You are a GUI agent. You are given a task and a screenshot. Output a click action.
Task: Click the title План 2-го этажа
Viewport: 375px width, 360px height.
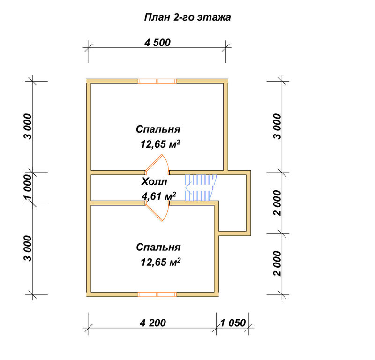click(187, 17)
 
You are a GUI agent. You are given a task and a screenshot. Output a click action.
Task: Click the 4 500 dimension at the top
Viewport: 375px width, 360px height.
click(157, 43)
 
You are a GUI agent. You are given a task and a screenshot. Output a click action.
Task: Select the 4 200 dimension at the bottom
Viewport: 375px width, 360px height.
click(153, 323)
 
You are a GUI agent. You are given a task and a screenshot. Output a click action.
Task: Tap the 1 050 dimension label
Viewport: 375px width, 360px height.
click(232, 323)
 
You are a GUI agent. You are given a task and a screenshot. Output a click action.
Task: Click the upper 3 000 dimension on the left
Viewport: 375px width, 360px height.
click(28, 127)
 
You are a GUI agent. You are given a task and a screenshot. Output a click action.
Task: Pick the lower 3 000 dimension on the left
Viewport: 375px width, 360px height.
click(28, 248)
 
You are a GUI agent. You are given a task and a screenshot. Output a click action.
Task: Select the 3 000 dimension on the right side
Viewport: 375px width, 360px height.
click(277, 127)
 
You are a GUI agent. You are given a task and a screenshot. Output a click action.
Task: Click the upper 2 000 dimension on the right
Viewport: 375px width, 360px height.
click(277, 203)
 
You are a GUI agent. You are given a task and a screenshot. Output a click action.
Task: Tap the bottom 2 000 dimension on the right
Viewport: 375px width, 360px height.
click(277, 263)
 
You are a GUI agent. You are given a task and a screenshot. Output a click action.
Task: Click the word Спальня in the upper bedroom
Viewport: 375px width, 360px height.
click(158, 129)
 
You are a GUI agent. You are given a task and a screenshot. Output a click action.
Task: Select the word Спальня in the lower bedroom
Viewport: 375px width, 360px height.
click(158, 247)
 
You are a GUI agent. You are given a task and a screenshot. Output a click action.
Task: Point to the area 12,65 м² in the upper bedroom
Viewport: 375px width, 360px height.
click(160, 144)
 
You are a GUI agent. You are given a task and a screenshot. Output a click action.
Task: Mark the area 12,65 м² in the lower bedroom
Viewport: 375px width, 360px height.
click(160, 262)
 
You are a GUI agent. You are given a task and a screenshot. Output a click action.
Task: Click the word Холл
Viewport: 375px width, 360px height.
click(154, 182)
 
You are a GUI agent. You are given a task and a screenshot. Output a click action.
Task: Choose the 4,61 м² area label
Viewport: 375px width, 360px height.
click(159, 196)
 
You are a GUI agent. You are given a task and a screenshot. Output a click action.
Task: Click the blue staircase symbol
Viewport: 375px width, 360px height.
click(201, 187)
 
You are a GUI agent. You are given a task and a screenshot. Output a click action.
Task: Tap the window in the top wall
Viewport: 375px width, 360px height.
click(157, 82)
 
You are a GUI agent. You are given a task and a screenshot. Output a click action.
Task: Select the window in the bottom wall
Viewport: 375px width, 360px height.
click(157, 294)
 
